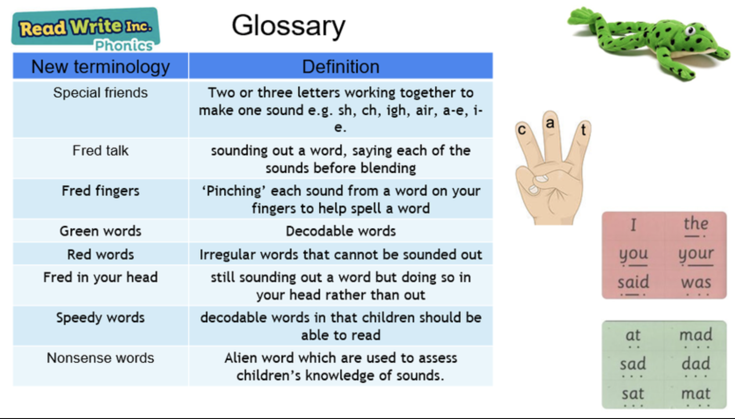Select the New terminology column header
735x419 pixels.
click(x=100, y=67)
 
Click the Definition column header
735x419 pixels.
click(x=341, y=67)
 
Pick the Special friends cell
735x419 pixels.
click(x=100, y=109)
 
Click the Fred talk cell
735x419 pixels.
click(x=100, y=159)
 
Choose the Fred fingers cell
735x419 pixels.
click(x=100, y=199)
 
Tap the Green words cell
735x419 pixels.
click(x=100, y=231)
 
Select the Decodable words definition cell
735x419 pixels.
click(x=341, y=231)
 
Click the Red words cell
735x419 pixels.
click(x=100, y=254)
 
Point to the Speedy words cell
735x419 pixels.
click(x=100, y=325)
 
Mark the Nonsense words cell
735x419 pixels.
click(x=100, y=366)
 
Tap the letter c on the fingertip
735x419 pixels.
click(x=522, y=130)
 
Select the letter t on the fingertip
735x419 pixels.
click(x=583, y=130)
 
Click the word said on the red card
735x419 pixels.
click(x=633, y=282)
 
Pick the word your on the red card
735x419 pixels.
click(x=695, y=254)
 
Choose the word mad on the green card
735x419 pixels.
click(x=695, y=335)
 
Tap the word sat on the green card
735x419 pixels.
click(x=633, y=394)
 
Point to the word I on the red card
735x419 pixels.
click(x=633, y=225)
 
